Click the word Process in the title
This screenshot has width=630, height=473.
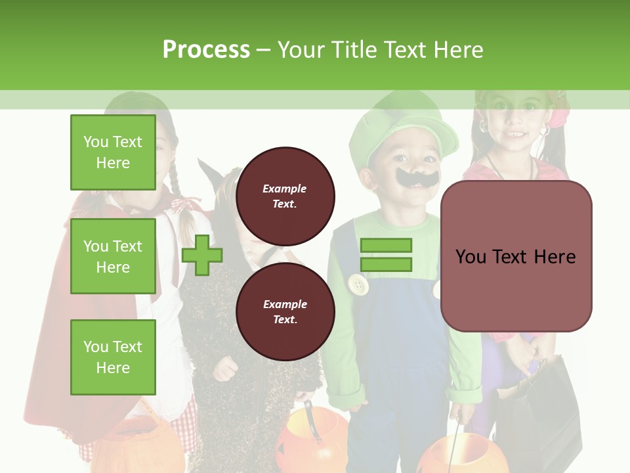click(206, 49)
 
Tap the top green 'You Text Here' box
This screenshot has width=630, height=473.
click(113, 152)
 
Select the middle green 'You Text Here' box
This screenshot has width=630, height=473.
click(113, 256)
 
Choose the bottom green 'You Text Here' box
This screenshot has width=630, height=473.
click(113, 357)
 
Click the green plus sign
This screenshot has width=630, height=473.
click(202, 255)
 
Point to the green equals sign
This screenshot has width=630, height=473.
click(386, 255)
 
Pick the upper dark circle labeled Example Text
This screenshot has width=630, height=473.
click(285, 196)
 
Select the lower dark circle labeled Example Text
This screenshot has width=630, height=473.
click(285, 311)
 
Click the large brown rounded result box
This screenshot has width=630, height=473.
click(516, 256)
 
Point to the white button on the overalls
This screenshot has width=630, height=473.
click(358, 285)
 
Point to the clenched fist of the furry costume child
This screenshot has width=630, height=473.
click(225, 369)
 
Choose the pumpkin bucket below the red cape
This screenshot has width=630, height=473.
click(138, 447)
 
